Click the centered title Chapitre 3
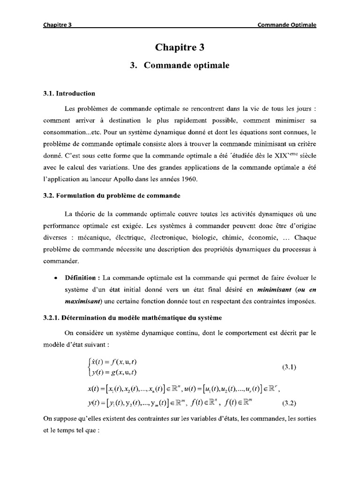180,47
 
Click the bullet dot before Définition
56,278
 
